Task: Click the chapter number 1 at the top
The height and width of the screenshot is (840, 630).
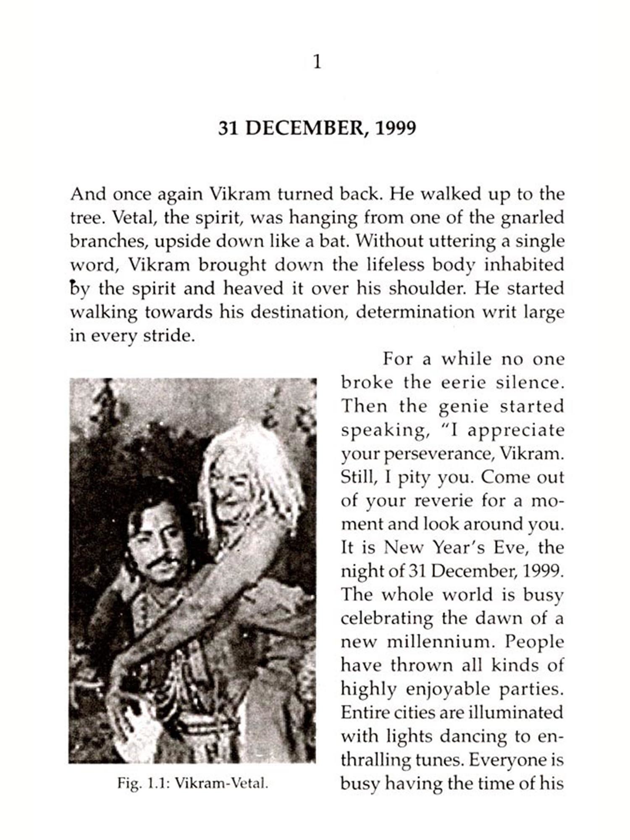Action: pos(318,63)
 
